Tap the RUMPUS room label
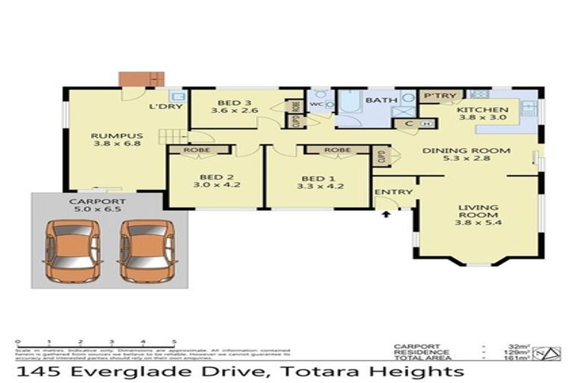pos(107,136)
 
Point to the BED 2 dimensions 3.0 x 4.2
pos(217,185)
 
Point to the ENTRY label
pos(394,192)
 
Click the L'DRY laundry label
pos(161,105)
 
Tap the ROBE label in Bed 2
pos(199,150)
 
